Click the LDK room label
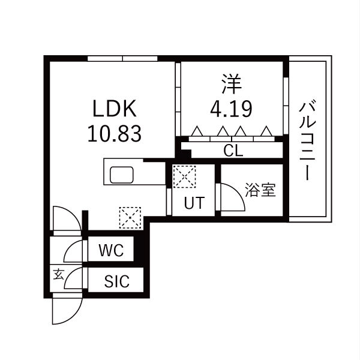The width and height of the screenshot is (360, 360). (x=115, y=109)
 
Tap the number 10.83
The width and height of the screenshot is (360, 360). (x=115, y=134)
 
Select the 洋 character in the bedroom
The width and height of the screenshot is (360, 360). (x=232, y=84)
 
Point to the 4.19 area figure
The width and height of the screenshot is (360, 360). (x=231, y=109)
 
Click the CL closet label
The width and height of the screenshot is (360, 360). (x=233, y=151)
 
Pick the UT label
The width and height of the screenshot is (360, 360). (x=194, y=203)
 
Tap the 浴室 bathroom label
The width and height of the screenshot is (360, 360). (x=260, y=190)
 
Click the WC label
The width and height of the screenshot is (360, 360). (x=112, y=250)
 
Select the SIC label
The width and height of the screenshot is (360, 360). (x=116, y=281)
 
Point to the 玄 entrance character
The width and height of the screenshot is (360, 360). (x=58, y=274)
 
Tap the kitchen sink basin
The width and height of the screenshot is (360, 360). (x=121, y=175)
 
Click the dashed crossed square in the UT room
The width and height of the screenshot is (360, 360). (x=184, y=176)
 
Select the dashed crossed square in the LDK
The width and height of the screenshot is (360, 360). (x=130, y=218)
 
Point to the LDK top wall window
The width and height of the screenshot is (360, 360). (x=122, y=58)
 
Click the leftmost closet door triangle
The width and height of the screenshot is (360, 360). (x=197, y=131)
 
